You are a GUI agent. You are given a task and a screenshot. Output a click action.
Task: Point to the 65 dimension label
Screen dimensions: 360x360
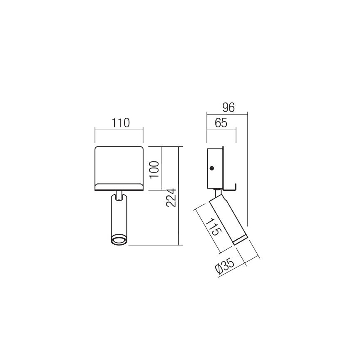click(x=221, y=123)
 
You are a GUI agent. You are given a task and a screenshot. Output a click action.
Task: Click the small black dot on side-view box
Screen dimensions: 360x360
click(x=212, y=168)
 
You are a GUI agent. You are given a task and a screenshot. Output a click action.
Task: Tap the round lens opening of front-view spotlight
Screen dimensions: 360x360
click(x=119, y=240)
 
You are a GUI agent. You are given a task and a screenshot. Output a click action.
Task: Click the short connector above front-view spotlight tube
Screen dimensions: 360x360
click(x=119, y=194)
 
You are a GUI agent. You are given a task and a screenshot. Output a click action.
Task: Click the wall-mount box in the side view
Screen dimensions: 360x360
click(x=215, y=168)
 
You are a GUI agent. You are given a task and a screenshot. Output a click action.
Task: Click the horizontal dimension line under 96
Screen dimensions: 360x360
click(x=227, y=113)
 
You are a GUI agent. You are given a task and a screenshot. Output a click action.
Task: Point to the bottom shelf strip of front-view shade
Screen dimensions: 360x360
click(x=119, y=187)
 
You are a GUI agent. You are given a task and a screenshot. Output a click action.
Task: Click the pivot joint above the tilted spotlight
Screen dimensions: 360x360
click(x=217, y=193)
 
